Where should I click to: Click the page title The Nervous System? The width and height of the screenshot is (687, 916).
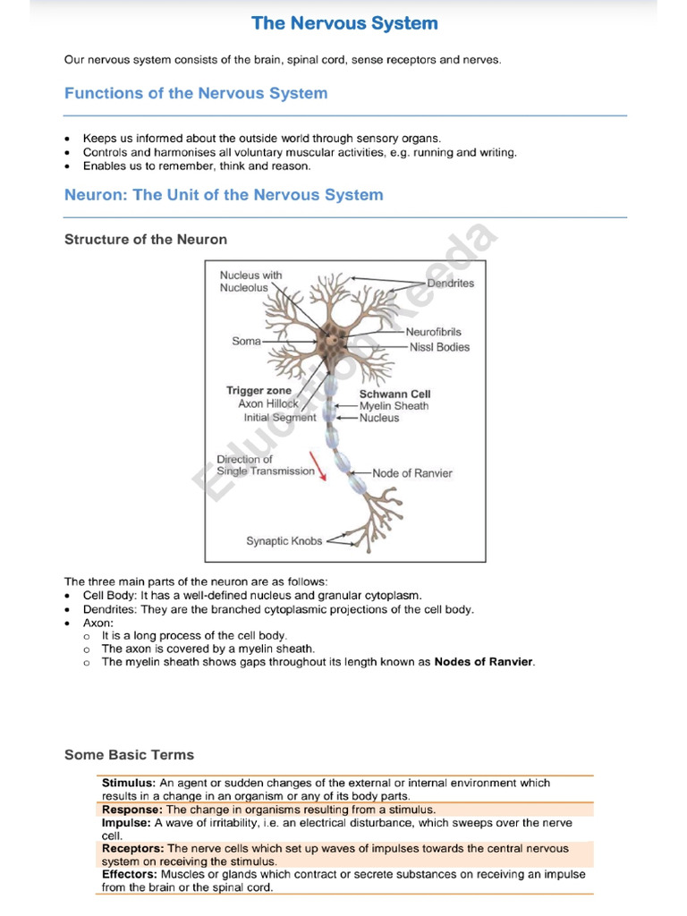click(344, 23)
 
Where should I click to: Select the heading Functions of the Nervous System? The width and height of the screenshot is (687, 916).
click(196, 93)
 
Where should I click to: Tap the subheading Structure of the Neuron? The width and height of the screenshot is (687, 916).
click(146, 239)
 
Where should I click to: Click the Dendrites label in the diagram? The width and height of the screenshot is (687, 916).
click(450, 284)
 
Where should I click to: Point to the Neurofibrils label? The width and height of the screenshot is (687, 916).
click(433, 332)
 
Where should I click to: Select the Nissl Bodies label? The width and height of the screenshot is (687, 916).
click(438, 347)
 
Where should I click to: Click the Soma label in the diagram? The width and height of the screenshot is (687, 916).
click(246, 341)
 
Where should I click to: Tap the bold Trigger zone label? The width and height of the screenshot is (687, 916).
click(259, 391)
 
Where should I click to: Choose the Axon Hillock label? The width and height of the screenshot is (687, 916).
click(268, 404)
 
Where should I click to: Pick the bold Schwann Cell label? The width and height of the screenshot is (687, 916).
click(394, 394)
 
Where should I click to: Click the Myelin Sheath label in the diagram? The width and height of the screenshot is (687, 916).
click(394, 406)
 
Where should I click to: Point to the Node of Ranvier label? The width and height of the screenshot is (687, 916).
click(412, 473)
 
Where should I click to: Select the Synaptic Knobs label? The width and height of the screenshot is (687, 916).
click(284, 541)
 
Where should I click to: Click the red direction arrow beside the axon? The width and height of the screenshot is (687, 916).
click(318, 465)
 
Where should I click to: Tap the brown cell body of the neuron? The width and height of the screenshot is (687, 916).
click(332, 340)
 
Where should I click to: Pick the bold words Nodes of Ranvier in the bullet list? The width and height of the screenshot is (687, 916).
click(484, 662)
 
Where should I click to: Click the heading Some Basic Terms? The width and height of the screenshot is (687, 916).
click(129, 755)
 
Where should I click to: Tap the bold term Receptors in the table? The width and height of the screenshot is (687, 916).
click(132, 848)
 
